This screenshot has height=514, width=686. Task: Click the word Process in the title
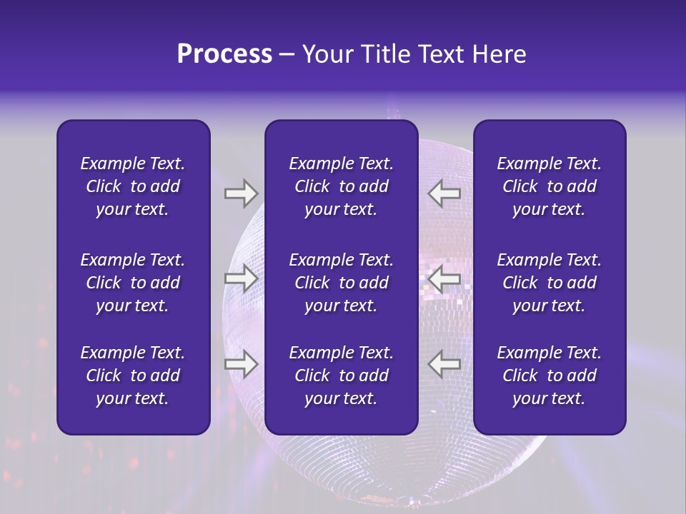point(224,54)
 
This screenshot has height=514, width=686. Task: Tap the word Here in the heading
point(499,54)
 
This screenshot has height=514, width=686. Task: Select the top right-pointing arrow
point(241,193)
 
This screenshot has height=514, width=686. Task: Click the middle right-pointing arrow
point(241,278)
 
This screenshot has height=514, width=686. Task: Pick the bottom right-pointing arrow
point(241,364)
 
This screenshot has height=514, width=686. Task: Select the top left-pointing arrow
point(444,193)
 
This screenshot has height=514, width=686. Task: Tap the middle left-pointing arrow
point(444,278)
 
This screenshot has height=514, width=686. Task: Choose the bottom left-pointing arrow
point(444,364)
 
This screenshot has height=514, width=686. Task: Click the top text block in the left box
point(133,186)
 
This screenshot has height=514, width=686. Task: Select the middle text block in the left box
point(133,283)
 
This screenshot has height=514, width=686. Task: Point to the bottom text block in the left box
point(133,376)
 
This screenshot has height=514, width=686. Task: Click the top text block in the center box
point(342,186)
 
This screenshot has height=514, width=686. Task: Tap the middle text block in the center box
point(342,283)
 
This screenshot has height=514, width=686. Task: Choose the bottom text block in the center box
point(342,376)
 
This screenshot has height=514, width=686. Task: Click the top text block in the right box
point(550,186)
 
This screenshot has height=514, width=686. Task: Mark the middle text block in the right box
point(550,283)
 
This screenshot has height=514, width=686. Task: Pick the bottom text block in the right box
point(550,376)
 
